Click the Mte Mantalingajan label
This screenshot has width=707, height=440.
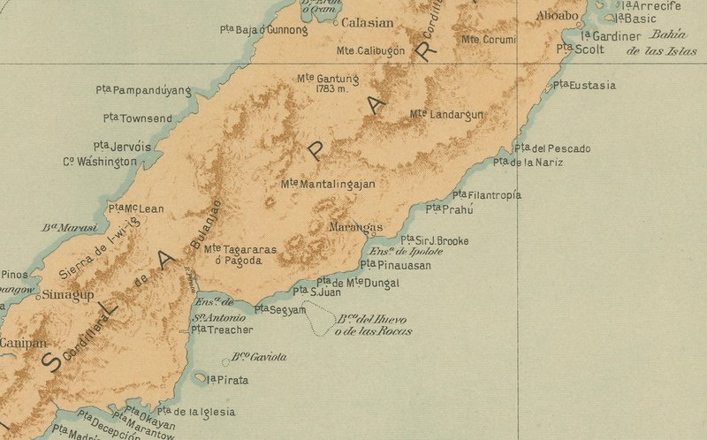tap(328, 185)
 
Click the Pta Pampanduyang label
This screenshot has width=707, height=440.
tap(143, 90)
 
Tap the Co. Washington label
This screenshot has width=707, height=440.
tap(100, 162)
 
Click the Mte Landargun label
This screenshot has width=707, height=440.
tap(446, 115)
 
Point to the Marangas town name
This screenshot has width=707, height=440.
tap(355, 228)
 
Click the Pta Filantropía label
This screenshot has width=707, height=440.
tap(486, 195)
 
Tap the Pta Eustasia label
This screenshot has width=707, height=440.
tap(584, 86)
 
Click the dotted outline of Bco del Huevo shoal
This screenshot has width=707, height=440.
tap(319, 319)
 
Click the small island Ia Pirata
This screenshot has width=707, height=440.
tap(200, 377)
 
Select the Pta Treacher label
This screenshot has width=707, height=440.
tap(222, 330)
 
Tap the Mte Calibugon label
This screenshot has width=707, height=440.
tap(370, 51)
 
